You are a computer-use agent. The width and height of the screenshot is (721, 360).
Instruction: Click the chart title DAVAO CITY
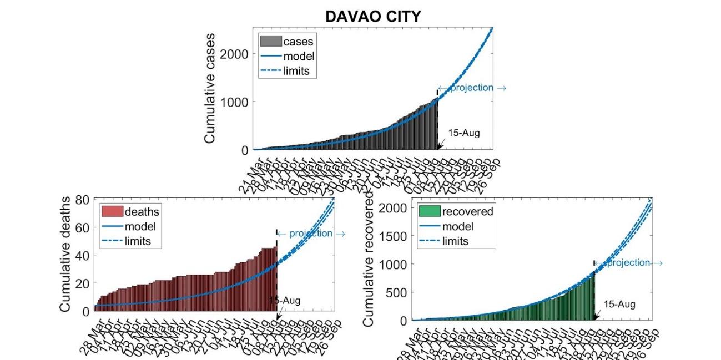[x=372, y=17]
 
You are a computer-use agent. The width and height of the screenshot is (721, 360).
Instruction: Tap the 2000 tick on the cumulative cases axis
[x=234, y=54]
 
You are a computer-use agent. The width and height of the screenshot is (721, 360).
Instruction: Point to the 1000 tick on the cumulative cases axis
[x=234, y=102]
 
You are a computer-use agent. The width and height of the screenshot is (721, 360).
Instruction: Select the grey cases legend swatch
[x=270, y=41]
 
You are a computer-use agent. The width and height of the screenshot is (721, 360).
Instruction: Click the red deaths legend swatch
[x=112, y=211]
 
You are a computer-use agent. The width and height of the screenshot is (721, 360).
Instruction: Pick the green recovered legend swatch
[x=429, y=211]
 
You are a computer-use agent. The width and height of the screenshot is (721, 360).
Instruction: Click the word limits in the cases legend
[x=296, y=71]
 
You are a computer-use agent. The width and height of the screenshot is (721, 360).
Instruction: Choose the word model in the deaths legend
[x=140, y=226]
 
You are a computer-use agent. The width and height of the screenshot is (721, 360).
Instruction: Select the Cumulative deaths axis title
[x=65, y=253]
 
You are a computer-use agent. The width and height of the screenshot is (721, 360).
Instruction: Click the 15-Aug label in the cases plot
[x=463, y=133]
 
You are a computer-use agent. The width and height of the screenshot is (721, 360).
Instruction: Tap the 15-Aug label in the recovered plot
[x=619, y=305]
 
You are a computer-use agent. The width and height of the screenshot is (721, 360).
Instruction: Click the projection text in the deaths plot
[x=311, y=234]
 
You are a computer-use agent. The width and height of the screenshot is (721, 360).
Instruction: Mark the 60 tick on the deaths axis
[x=83, y=227]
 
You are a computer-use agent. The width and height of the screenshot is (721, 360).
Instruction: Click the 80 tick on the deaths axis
[x=83, y=200]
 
